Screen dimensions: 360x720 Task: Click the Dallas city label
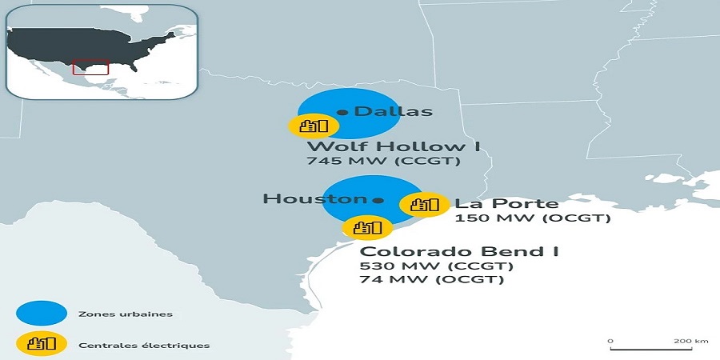click(x=393, y=111)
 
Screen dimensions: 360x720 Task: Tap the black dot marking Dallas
click(x=342, y=112)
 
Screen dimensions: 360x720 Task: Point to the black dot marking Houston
click(x=378, y=200)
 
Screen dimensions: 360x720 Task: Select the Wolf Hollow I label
click(x=387, y=146)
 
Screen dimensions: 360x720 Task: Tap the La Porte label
click(x=506, y=203)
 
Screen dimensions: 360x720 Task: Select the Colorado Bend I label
click(x=459, y=251)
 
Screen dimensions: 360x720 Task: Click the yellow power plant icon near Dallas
click(x=314, y=126)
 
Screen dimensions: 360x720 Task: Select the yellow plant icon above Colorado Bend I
click(x=368, y=227)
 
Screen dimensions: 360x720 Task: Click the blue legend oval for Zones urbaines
click(x=40, y=314)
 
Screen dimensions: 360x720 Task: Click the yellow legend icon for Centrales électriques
click(x=40, y=344)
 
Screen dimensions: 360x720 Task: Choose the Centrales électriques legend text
click(x=144, y=345)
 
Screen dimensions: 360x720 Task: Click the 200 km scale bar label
click(x=690, y=341)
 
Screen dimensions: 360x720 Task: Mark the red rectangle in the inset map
click(x=90, y=67)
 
